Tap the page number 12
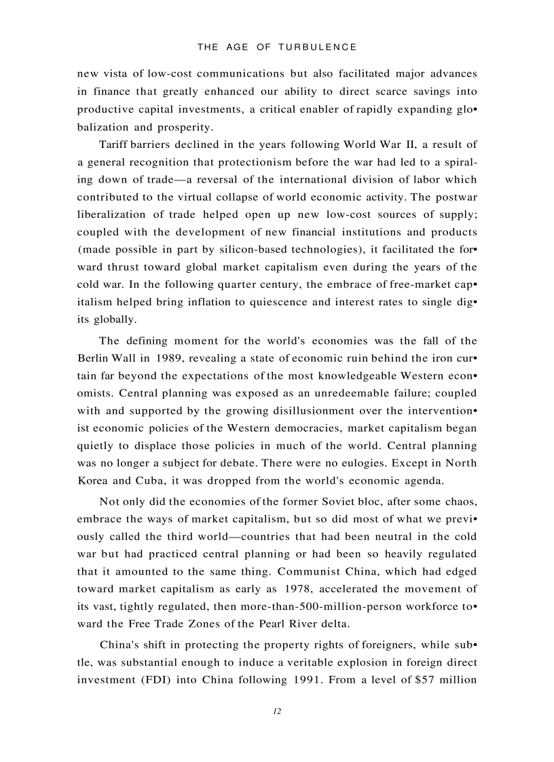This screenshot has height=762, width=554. pyautogui.click(x=277, y=711)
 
